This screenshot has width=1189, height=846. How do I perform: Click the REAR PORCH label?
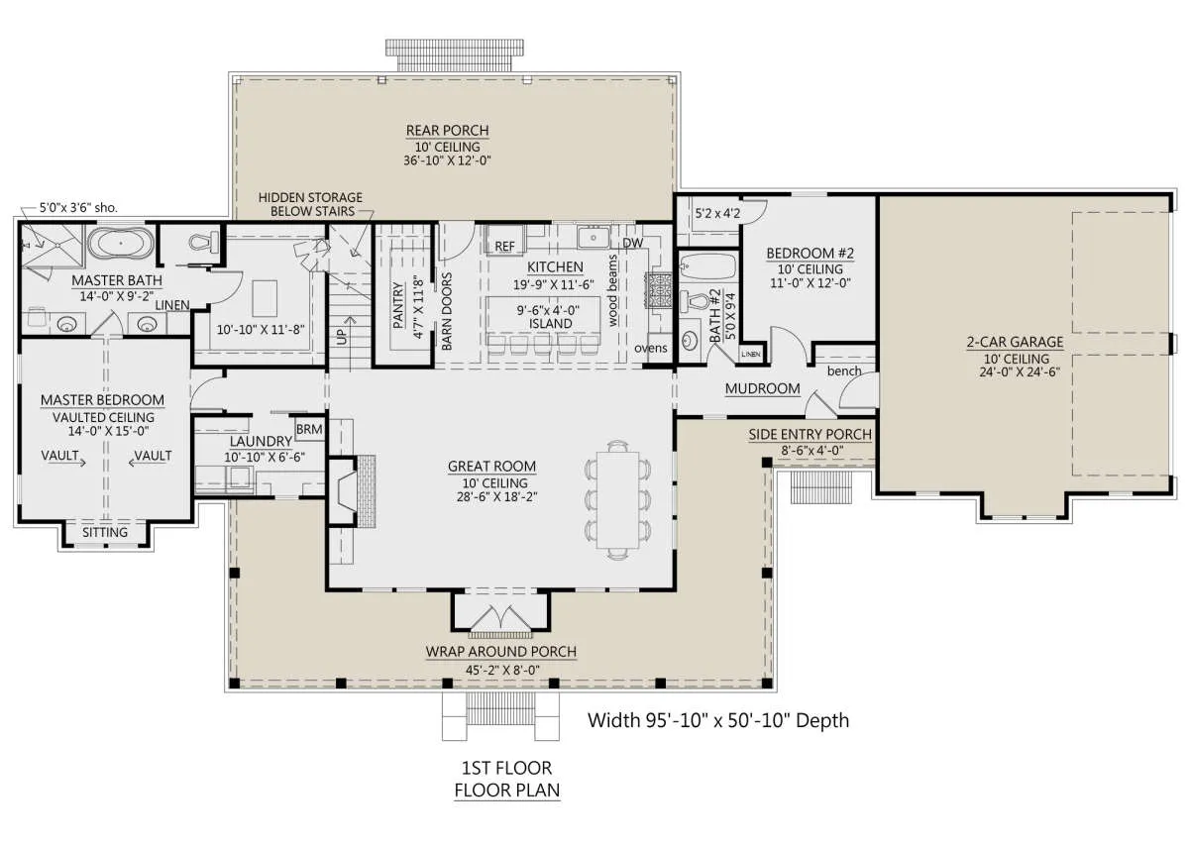[447, 131]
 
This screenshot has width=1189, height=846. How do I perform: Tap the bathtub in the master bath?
[121, 243]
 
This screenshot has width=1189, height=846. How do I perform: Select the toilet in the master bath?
[204, 242]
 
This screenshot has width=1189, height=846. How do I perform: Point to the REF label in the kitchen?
[504, 247]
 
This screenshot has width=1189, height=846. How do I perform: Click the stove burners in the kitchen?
[658, 290]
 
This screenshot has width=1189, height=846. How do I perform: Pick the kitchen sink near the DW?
[594, 237]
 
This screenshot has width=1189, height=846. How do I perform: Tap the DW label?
[633, 243]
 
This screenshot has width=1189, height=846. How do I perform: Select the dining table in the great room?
[618, 499]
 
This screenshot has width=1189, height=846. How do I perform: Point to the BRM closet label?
[309, 429]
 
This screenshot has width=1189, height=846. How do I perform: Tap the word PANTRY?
[398, 305]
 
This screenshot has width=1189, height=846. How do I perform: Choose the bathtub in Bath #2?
[708, 266]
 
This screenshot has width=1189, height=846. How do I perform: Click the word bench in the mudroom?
[844, 370]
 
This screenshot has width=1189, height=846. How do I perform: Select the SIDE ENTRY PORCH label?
[811, 435]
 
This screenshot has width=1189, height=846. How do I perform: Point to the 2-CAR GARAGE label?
[1015, 342]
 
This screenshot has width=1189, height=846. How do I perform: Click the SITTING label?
[105, 532]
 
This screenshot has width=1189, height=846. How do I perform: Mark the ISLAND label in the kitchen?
[551, 323]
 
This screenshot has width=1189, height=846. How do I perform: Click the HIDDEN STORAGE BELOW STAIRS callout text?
[310, 204]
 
